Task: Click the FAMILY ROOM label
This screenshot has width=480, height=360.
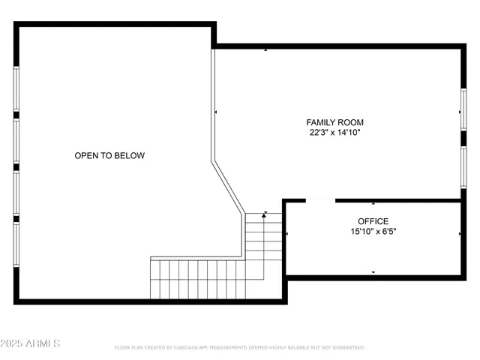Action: tap(335, 122)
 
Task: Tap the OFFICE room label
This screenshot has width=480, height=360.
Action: tap(373, 221)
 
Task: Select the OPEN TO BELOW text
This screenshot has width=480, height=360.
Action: tap(109, 156)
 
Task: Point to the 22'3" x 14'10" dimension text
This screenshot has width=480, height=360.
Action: tap(335, 133)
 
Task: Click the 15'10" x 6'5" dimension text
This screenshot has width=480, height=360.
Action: tap(373, 232)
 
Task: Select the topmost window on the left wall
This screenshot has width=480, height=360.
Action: tap(16, 89)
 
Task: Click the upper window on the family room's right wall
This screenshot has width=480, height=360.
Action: tap(463, 113)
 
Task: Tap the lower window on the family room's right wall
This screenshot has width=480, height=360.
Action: tap(463, 166)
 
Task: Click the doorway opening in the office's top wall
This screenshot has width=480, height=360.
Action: tap(320, 201)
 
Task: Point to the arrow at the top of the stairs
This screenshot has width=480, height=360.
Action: tap(264, 215)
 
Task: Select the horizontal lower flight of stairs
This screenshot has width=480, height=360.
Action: tap(196, 278)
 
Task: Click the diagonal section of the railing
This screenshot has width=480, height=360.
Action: tap(228, 184)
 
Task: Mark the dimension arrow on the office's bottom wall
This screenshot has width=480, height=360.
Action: tap(373, 272)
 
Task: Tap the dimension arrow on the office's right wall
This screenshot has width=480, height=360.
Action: tap(459, 235)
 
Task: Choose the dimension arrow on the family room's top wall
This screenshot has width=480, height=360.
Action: tap(265, 50)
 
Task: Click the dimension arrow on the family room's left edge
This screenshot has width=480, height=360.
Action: tap(217, 112)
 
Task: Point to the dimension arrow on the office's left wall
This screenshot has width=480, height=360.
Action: tap(288, 235)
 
